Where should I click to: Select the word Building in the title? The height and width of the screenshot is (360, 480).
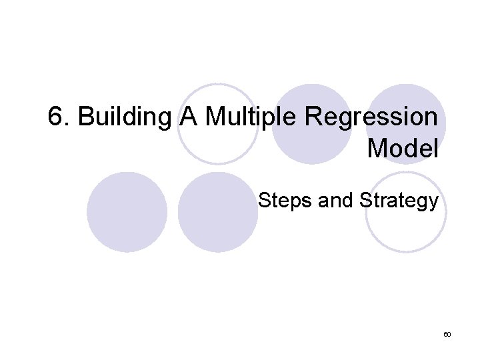point(125,117)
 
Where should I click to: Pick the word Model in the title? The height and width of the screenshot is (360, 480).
point(403,148)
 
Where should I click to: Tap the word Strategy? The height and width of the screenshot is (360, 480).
point(398,200)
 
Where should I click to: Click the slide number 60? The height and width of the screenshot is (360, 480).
point(447,333)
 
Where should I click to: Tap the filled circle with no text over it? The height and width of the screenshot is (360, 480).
point(127,212)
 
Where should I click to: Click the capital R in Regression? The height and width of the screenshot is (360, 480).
point(313,117)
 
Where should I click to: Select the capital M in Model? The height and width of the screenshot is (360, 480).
point(377,148)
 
